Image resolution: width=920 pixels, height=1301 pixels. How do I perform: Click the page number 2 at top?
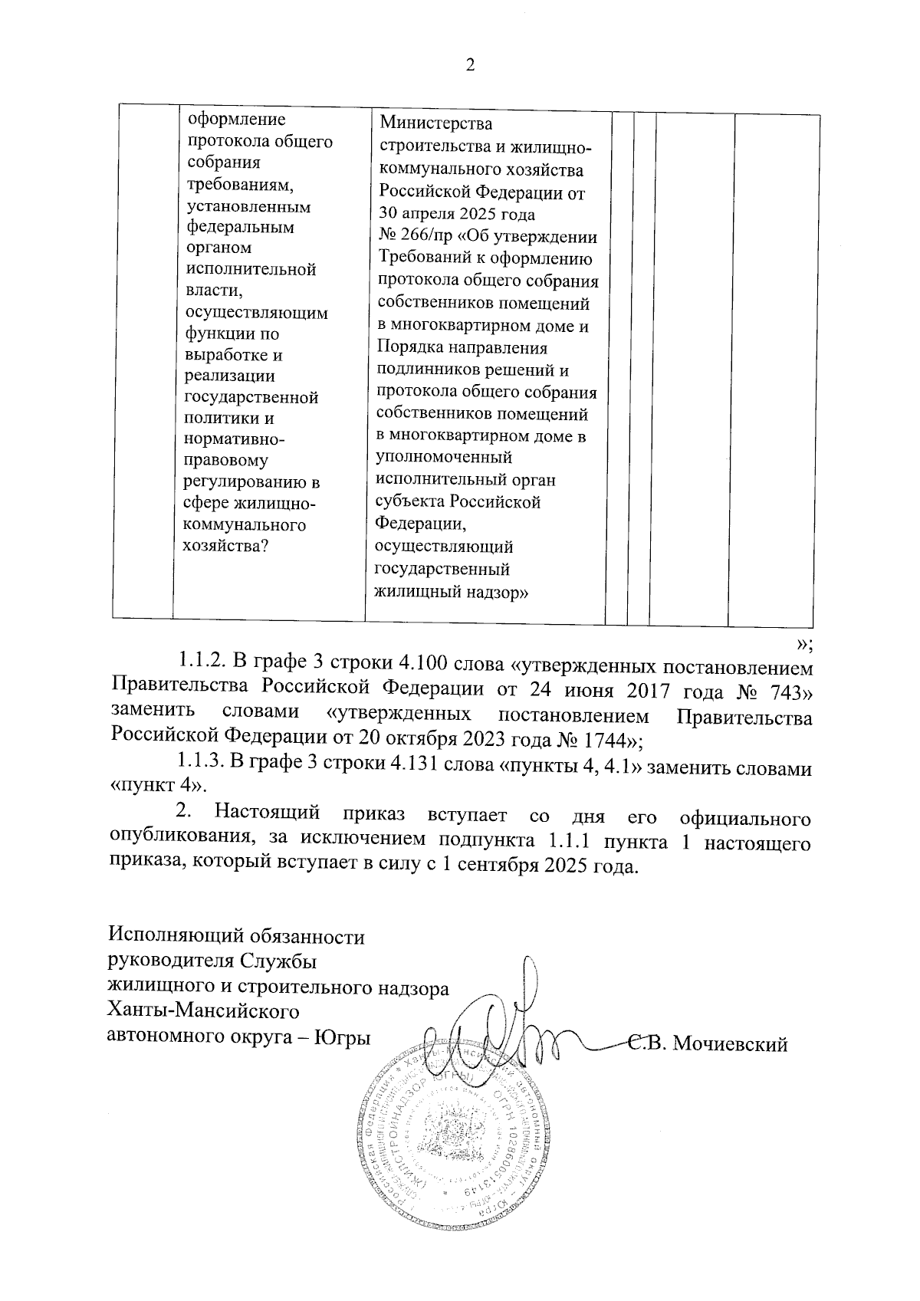[471, 65]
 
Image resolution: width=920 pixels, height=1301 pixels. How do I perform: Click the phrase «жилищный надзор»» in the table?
[453, 592]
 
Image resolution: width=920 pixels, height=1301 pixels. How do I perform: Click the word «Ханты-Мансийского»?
[204, 1012]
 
